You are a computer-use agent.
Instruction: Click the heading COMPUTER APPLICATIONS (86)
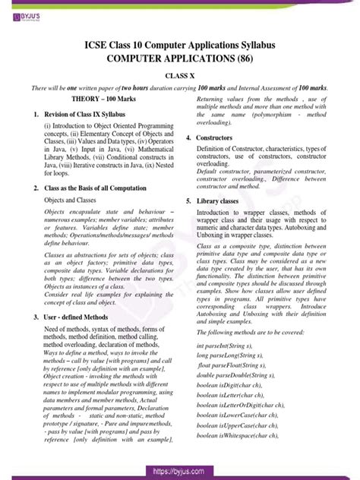pyautogui.click(x=180, y=57)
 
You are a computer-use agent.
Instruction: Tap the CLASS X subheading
pyautogui.click(x=180, y=76)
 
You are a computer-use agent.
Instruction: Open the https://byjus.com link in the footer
pyautogui.click(x=180, y=471)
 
